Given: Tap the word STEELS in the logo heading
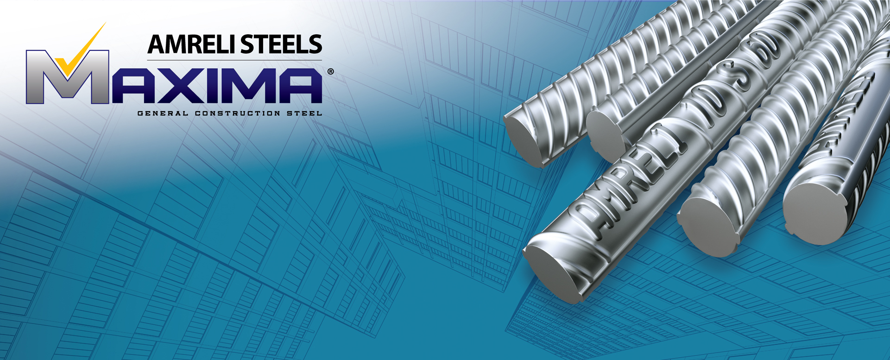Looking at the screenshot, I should coord(282,44).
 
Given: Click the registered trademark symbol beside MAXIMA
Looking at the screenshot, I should coord(330,72).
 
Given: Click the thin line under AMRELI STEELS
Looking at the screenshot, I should coord(234,60).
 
